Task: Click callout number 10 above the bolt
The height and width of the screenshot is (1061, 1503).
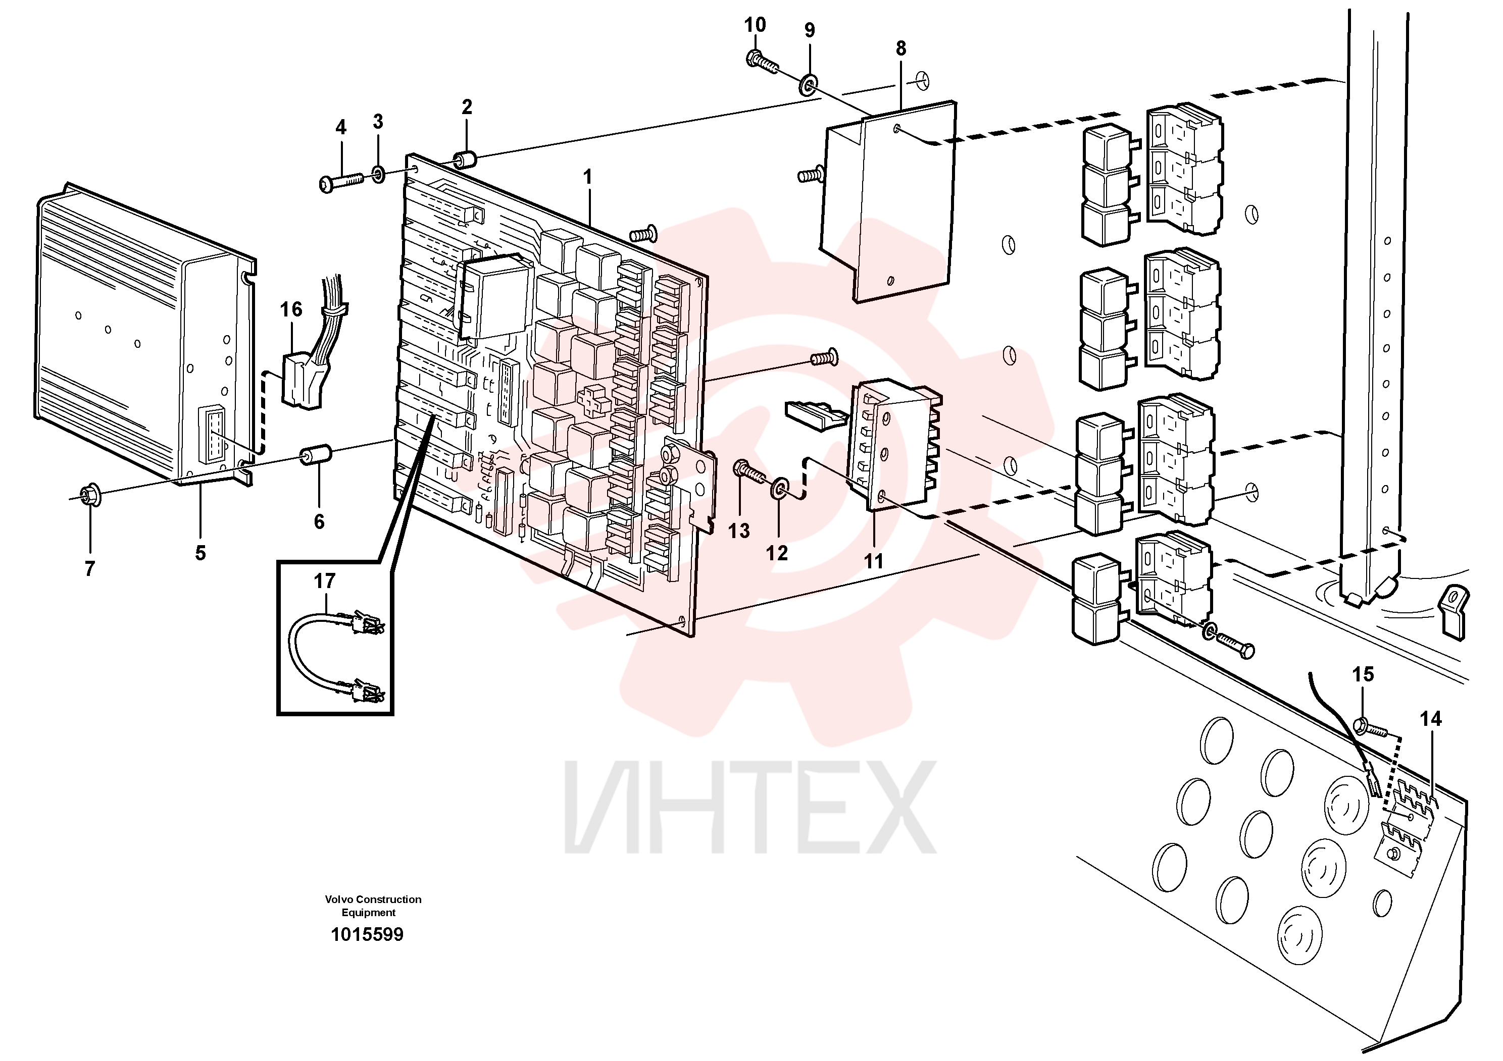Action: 755,25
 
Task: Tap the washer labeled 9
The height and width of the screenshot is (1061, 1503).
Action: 809,84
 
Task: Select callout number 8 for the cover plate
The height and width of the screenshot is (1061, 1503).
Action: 901,48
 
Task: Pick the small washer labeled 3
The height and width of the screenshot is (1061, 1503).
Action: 379,175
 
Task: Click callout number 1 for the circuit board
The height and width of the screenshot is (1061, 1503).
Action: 587,177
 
